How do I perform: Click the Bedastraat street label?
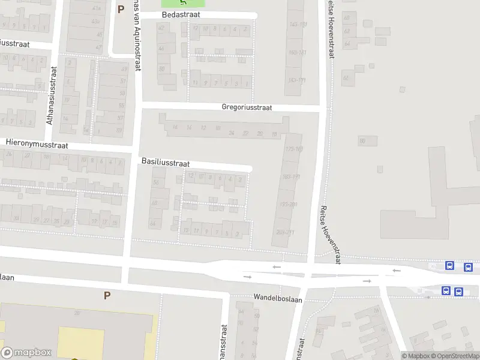[180, 14]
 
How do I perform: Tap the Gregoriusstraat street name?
[247, 107]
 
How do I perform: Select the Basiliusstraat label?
[166, 163]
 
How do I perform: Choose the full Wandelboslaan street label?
[278, 298]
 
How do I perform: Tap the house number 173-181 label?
[294, 148]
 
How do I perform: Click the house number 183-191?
[290, 176]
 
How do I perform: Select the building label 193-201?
[287, 205]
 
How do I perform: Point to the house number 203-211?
[285, 232]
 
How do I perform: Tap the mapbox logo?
[25, 353]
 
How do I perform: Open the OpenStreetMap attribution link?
[454, 356]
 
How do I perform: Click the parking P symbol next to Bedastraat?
[121, 9]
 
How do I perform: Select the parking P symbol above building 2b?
[107, 295]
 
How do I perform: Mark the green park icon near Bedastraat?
[183, 2]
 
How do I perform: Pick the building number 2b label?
[77, 313]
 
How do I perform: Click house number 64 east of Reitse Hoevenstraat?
[346, 44]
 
